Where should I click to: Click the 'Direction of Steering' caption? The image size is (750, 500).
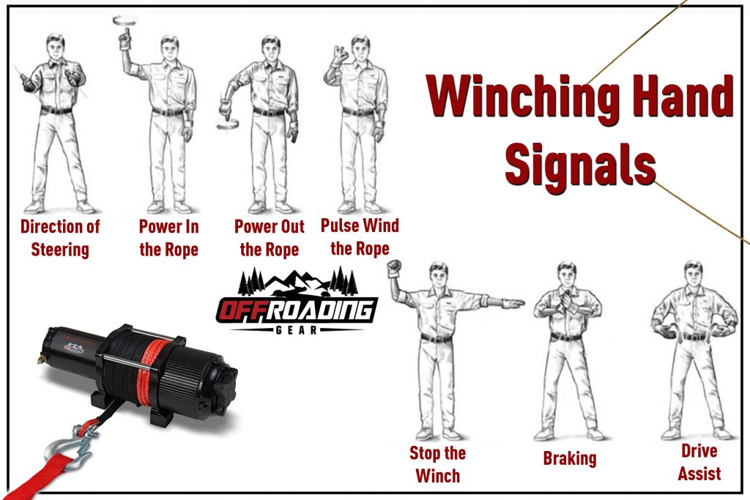click(60, 238)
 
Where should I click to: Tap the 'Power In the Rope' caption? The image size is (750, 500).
click(168, 238)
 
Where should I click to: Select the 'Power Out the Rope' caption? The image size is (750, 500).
click(269, 238)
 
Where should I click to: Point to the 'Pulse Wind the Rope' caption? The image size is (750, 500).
click(360, 236)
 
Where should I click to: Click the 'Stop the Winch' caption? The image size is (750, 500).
click(437, 464)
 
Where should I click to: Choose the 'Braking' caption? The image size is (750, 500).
click(570, 459)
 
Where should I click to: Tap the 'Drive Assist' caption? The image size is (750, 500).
click(699, 461)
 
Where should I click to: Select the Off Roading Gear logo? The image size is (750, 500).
click(297, 302)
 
